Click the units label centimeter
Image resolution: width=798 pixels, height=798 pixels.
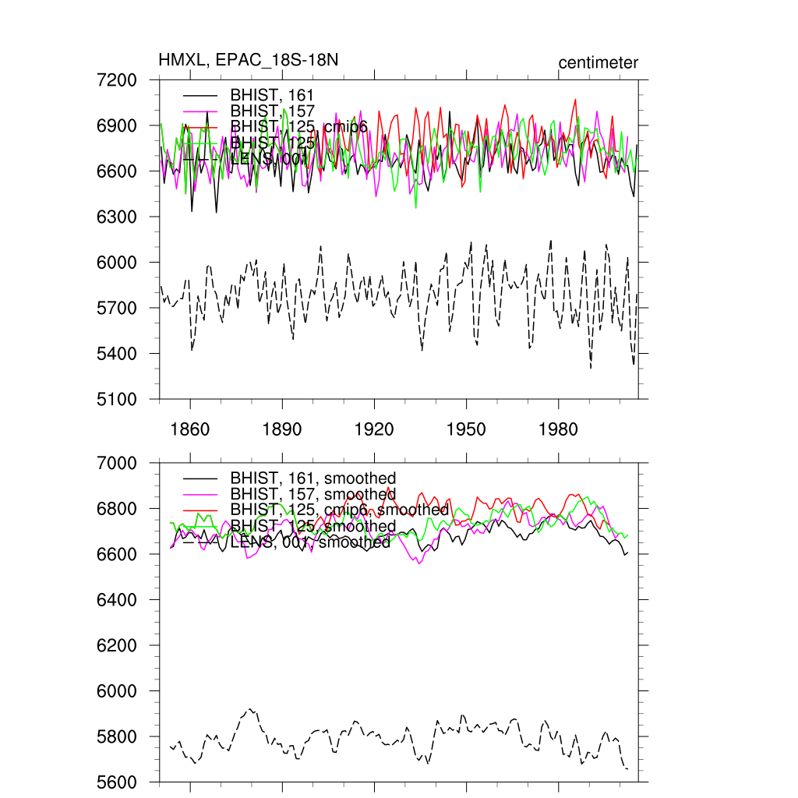click(598, 63)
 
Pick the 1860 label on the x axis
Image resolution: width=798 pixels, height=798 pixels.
click(190, 429)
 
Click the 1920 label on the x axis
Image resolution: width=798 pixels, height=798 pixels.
click(374, 429)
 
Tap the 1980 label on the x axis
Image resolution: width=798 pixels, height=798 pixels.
click(558, 429)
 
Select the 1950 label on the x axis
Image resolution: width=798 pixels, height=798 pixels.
click(466, 429)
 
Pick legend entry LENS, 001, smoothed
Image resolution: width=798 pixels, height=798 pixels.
click(310, 542)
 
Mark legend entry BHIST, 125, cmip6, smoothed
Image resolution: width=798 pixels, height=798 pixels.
click(339, 510)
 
